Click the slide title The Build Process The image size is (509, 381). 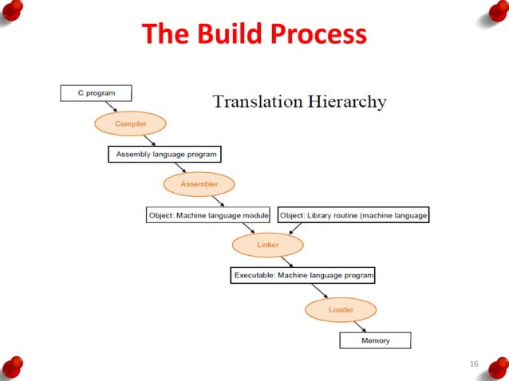[x=254, y=34]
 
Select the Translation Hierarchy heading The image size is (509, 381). [x=299, y=102]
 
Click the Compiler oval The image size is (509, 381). [x=130, y=124]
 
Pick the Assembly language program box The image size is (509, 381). [x=164, y=154]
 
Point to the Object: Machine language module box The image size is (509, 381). [x=208, y=214]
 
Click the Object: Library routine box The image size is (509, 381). [x=353, y=214]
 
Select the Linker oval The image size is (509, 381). [x=268, y=245]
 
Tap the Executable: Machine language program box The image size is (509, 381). [x=302, y=275]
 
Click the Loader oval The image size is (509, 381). [x=341, y=308]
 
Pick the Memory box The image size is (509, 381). [x=375, y=340]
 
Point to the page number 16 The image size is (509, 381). [x=473, y=364]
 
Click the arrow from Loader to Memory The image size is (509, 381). [x=361, y=325]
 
